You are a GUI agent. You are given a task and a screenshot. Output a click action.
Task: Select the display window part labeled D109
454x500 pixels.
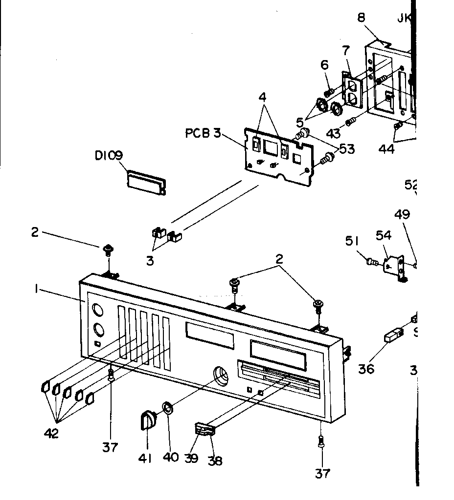click(x=146, y=182)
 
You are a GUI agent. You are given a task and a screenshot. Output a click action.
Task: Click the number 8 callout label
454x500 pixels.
click(x=361, y=18)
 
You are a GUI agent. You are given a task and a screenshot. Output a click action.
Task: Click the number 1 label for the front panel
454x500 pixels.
click(x=36, y=289)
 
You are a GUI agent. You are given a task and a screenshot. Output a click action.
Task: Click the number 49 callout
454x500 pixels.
click(x=403, y=214)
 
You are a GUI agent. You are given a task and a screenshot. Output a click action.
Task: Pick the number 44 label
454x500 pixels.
click(x=386, y=149)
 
